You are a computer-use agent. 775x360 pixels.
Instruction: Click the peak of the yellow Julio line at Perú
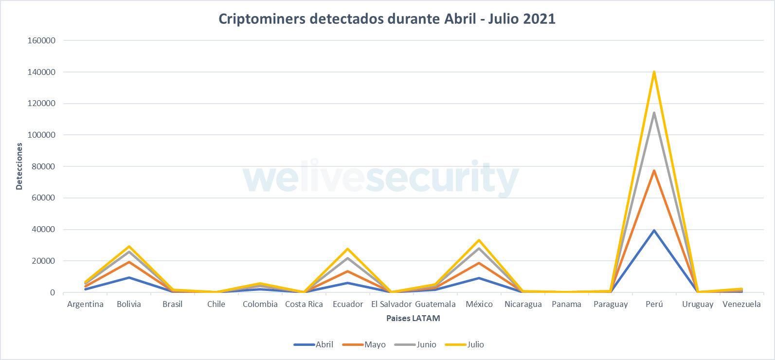(x=654, y=72)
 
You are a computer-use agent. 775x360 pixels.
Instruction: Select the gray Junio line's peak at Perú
(x=654, y=113)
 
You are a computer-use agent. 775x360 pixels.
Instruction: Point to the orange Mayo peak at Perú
(x=654, y=170)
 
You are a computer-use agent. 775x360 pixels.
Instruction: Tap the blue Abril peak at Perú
(x=654, y=230)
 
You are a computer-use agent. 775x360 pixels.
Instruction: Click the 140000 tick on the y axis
(x=42, y=72)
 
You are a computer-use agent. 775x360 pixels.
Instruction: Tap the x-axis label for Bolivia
(x=129, y=304)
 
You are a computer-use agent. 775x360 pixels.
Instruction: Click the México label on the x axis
(x=479, y=304)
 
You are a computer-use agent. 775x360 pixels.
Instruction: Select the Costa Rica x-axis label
(x=304, y=304)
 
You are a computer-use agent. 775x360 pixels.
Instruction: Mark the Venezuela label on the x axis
(x=741, y=304)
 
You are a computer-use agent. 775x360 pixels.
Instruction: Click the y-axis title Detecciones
(x=19, y=166)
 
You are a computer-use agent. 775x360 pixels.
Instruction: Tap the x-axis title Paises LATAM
(x=413, y=318)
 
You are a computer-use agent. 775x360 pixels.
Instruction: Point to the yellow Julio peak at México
(x=479, y=240)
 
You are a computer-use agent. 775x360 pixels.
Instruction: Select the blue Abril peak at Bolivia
(x=129, y=277)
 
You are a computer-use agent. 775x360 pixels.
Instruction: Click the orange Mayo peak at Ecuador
(x=348, y=271)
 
